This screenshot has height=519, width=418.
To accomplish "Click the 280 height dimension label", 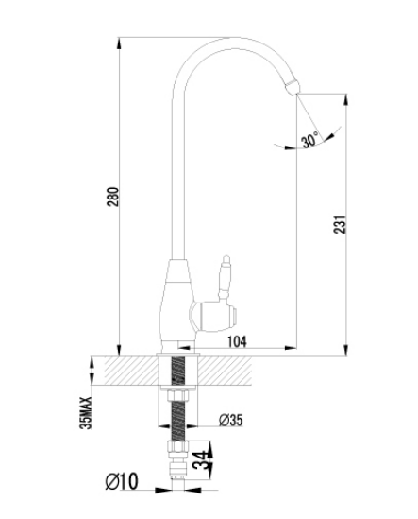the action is (x=112, y=197).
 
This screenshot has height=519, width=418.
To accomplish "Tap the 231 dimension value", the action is (x=340, y=224).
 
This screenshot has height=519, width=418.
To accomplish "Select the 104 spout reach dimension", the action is (x=238, y=341).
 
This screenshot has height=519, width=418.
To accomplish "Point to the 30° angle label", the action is (x=310, y=140).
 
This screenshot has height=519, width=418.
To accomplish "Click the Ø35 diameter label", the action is (x=230, y=420).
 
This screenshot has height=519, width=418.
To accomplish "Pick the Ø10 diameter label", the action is (x=122, y=481).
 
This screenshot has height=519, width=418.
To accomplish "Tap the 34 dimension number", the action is (x=202, y=460).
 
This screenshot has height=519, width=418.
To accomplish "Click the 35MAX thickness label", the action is (x=86, y=413).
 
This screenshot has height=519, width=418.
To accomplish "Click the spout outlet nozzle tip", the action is (x=293, y=88).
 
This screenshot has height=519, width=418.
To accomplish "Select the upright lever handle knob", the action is (x=225, y=278).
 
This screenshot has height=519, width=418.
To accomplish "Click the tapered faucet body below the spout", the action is (x=176, y=304).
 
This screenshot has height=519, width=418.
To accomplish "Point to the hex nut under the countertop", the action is (x=177, y=396).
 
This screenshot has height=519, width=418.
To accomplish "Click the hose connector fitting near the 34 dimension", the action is (x=177, y=459).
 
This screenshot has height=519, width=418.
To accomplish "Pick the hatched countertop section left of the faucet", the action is (x=131, y=371).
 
